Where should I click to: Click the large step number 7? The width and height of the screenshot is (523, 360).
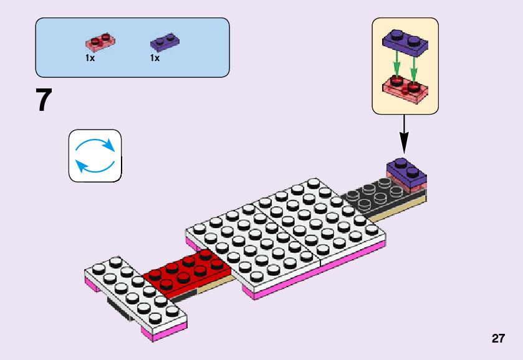pos(43,100)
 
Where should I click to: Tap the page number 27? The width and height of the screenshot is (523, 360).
pos(497,339)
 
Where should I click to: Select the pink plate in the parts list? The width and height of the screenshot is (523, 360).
pos(100,42)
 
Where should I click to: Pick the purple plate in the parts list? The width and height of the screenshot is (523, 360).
pos(165,42)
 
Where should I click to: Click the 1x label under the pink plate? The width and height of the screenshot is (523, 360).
pos(90,58)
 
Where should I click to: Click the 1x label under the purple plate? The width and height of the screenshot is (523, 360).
pos(155,58)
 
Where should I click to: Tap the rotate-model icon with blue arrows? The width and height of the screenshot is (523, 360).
pos(95,156)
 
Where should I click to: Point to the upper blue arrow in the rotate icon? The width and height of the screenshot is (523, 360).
pos(97,144)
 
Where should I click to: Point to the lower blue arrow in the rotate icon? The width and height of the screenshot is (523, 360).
pos(93,167)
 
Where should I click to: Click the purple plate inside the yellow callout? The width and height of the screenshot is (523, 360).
pos(405,41)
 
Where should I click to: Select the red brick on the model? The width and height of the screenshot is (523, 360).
pos(186,272)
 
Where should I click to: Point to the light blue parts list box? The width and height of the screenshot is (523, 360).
pos(132,47)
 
